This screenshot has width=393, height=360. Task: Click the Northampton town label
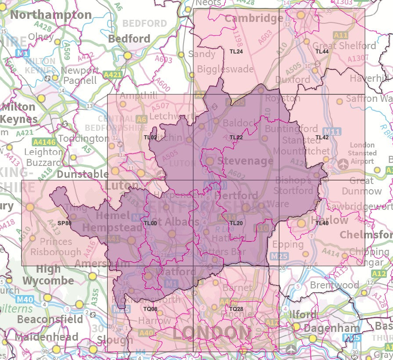(x=51, y=15)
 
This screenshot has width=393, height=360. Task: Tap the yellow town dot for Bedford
(x=127, y=56)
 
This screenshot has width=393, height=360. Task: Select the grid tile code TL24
(x=236, y=52)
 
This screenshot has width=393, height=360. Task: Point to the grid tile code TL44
(x=322, y=52)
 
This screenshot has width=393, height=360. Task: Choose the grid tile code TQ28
(x=236, y=310)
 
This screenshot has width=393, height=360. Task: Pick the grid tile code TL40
(x=322, y=223)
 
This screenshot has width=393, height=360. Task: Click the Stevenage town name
(x=245, y=161)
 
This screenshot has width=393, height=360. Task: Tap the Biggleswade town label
(x=225, y=69)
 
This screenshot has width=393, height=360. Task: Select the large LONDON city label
(x=212, y=332)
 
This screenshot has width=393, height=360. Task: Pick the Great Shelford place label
(x=344, y=46)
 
